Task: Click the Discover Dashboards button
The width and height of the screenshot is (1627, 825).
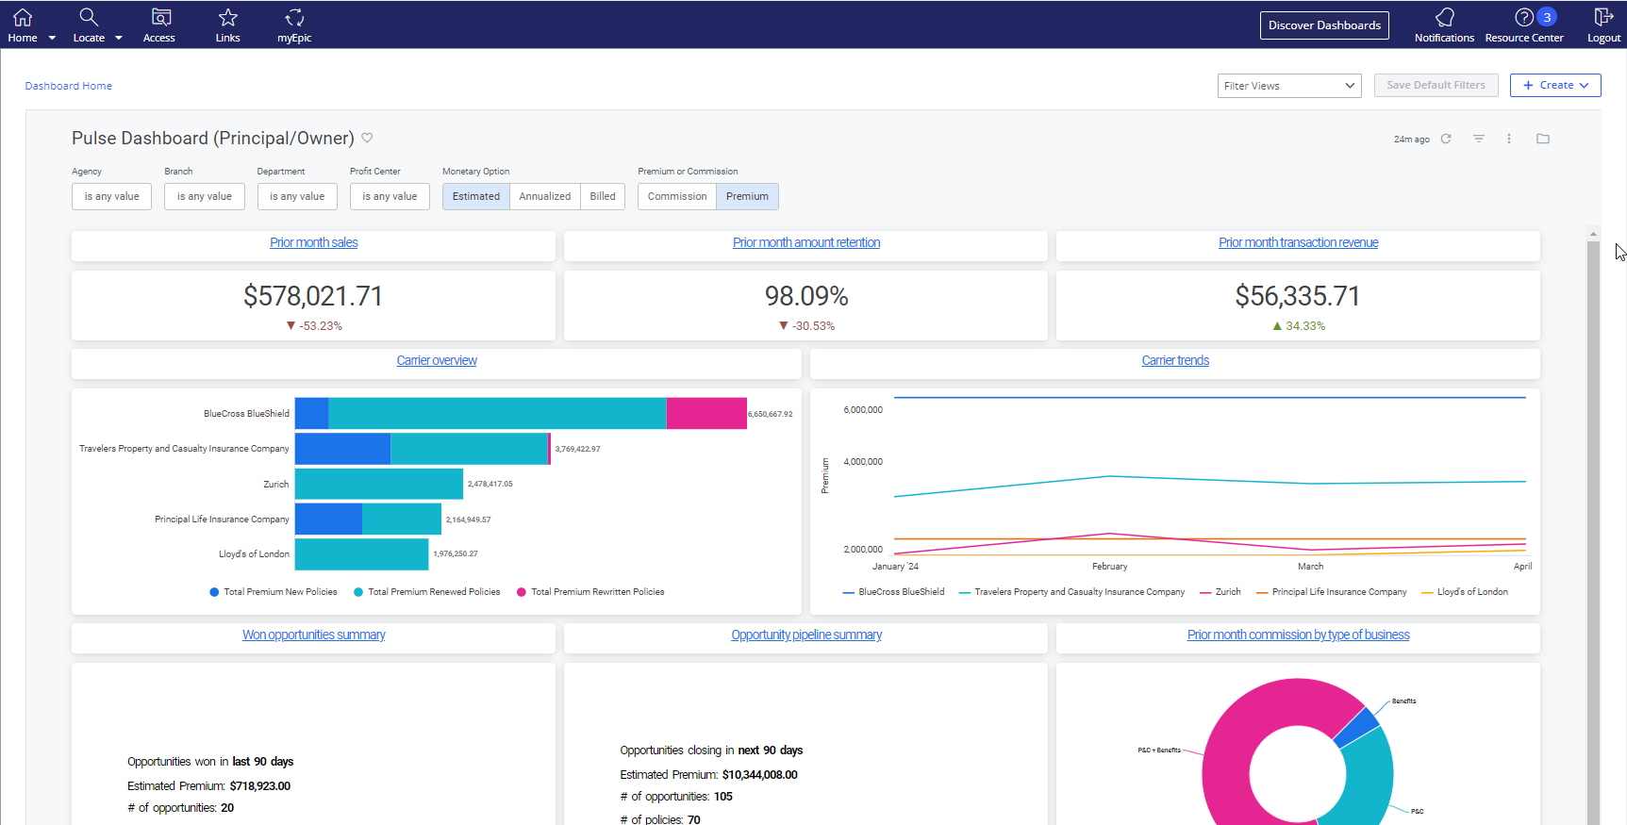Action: click(x=1324, y=25)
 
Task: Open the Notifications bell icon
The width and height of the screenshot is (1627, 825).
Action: click(x=1444, y=18)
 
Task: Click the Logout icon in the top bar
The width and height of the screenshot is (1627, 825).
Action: click(x=1603, y=18)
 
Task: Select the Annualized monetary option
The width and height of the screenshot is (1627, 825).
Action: click(x=544, y=196)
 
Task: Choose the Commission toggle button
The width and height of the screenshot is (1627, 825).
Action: click(x=677, y=196)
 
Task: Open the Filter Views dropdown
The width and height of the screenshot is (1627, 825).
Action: click(x=1288, y=86)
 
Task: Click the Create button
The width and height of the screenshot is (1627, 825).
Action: click(x=1555, y=85)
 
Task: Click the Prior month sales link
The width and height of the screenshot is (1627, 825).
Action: click(x=314, y=242)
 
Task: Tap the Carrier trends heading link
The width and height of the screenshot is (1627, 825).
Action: click(x=1174, y=360)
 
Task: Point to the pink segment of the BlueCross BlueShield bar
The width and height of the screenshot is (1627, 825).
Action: click(x=706, y=413)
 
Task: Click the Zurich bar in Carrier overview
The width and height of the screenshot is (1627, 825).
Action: click(x=378, y=484)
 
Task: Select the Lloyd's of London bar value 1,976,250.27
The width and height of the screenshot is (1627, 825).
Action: click(x=456, y=553)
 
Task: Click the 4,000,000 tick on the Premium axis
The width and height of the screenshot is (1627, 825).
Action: click(x=863, y=461)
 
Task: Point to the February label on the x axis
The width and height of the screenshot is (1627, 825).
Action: click(x=1109, y=567)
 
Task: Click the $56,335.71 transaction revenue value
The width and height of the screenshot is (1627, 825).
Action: click(x=1298, y=296)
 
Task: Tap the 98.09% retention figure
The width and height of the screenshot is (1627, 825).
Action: click(x=806, y=296)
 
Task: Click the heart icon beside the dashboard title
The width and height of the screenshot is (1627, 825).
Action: click(x=367, y=138)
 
